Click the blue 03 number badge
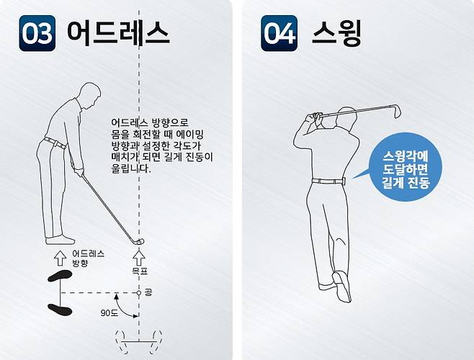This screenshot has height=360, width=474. pos(37,33)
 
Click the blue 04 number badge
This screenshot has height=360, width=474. pos(279,33)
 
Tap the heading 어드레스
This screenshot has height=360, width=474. pos(118,32)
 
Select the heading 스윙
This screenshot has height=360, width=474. pos(336,32)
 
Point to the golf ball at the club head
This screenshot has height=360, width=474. pos(140,242)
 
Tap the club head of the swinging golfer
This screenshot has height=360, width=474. pos(395,111)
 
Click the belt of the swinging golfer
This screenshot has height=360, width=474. pos(328,181)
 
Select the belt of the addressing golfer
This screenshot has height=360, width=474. pos(55,143)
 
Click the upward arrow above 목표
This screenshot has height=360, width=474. pos(139,258)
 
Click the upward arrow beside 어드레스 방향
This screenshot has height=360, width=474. pos(61,258)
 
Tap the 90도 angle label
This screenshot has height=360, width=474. pos(109,313)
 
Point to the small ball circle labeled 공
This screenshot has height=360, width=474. pos(139,293)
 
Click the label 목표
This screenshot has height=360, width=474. pos(140,271)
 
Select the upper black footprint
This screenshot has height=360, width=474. pos(60,276)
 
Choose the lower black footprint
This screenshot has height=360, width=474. pos(60,310)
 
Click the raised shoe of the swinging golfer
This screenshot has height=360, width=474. pos(342,286)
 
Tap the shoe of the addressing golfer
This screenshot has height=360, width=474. pos(60,240)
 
